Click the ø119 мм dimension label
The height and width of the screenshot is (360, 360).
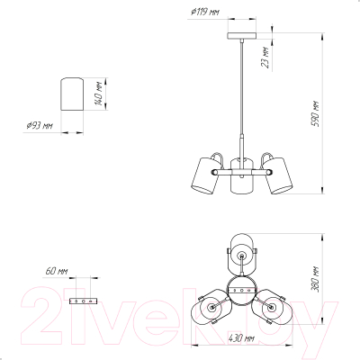[205, 12]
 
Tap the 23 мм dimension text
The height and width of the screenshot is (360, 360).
[265, 58]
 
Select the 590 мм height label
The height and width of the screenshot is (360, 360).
[316, 114]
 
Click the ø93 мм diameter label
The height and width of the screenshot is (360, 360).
[40, 125]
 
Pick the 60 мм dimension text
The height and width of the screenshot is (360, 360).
[57, 271]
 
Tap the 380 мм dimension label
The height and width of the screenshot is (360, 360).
[315, 279]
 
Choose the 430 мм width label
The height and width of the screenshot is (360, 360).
[241, 338]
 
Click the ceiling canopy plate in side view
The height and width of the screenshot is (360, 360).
[242, 36]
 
